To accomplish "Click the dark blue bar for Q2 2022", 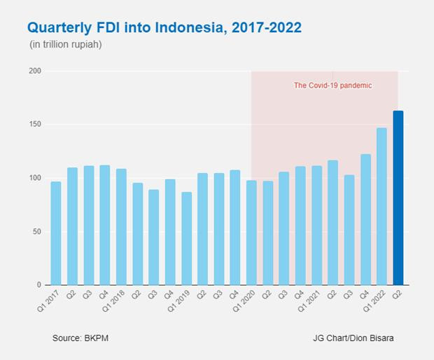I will (x=398, y=198).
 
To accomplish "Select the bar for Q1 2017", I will (x=56, y=233).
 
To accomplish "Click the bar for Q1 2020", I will (x=251, y=233).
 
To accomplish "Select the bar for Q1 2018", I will (x=121, y=227).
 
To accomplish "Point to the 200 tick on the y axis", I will (x=35, y=71).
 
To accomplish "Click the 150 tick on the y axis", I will (x=35, y=125).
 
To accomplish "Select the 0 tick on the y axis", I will (x=39, y=285).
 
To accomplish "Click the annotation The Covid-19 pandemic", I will (x=332, y=85).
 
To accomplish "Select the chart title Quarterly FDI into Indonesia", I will (x=164, y=28).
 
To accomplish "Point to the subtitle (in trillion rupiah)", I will (x=66, y=45).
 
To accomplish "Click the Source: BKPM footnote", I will (x=80, y=338).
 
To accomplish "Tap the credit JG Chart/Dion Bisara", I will (x=353, y=338).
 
